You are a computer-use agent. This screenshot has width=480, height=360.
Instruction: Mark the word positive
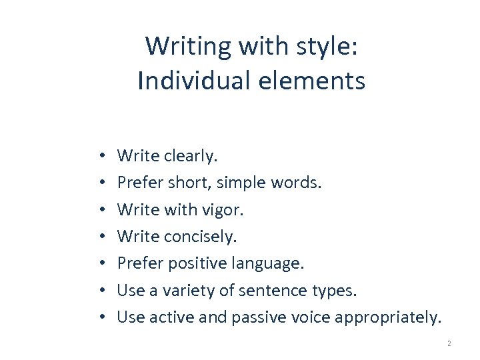(199, 263)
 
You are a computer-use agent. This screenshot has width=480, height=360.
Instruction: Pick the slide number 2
(449, 343)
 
